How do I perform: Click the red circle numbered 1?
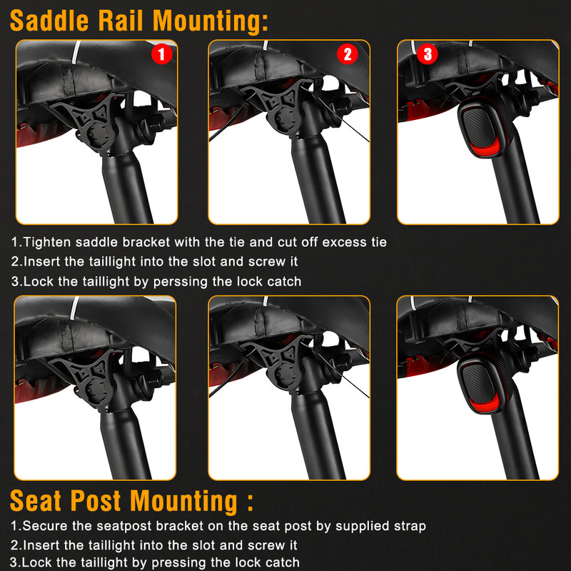click(162, 54)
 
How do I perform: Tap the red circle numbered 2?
click(348, 54)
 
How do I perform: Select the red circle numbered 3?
click(427, 54)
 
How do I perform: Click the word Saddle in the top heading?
click(49, 21)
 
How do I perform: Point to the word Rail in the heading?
click(121, 21)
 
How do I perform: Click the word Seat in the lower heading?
click(35, 501)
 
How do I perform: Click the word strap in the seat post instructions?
click(410, 526)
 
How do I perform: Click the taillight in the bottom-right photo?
click(480, 384)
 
